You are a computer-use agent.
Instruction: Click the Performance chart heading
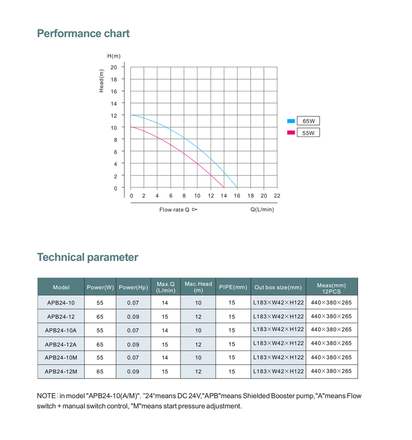click(83, 34)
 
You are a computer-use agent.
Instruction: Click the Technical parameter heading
click(87, 257)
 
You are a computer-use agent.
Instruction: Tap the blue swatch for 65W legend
click(291, 120)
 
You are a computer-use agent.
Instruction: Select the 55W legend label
click(308, 132)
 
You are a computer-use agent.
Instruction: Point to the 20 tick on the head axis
click(114, 67)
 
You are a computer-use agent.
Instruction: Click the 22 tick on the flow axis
click(277, 196)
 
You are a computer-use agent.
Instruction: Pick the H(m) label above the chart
click(114, 56)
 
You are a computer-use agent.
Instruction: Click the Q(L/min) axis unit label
click(262, 209)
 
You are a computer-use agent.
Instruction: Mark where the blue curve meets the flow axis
click(238, 188)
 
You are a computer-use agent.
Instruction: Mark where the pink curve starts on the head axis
click(131, 127)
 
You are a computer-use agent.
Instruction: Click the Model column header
click(61, 287)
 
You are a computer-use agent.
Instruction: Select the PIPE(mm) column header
click(233, 287)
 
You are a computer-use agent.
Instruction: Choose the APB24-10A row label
click(61, 330)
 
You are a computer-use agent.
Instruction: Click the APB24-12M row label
click(61, 372)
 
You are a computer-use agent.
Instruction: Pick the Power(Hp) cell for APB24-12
click(133, 316)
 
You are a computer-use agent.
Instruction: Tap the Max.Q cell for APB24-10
click(165, 303)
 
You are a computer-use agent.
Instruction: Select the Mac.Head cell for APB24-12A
click(198, 344)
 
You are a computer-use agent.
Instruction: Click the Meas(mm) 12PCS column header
click(331, 287)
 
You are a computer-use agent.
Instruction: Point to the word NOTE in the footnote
click(46, 396)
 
